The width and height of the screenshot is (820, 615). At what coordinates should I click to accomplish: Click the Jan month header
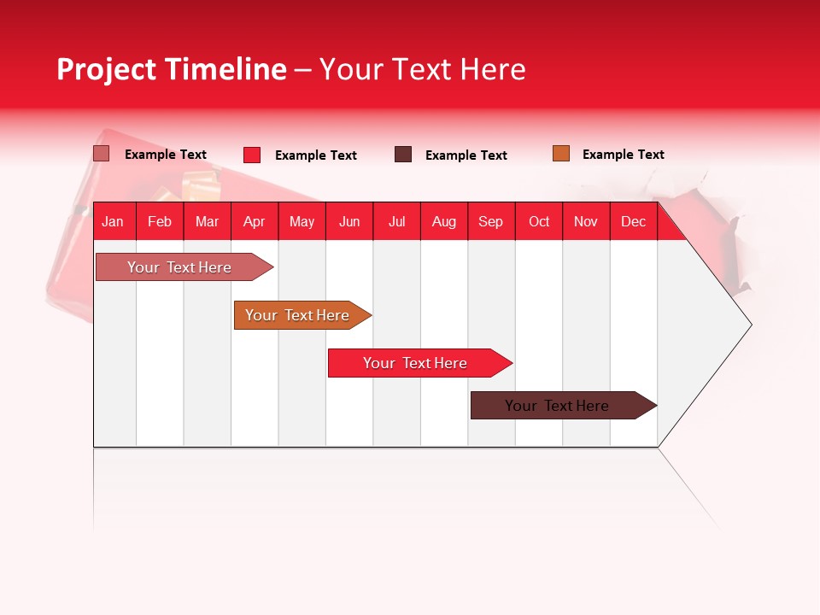tap(113, 221)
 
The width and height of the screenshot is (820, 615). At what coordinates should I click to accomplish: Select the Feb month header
tap(160, 221)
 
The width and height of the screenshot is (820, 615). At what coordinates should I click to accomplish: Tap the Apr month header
tap(255, 221)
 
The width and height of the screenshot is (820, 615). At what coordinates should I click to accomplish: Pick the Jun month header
tap(349, 221)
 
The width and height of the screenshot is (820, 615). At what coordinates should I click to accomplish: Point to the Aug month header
tap(444, 221)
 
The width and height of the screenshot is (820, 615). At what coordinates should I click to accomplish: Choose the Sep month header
tap(491, 221)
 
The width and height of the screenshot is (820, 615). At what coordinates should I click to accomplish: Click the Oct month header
tap(539, 221)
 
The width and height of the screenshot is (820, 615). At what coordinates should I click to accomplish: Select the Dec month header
tap(634, 221)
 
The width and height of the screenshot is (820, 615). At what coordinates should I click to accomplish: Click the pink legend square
tap(102, 154)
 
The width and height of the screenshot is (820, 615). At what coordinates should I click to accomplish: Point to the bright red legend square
tap(252, 155)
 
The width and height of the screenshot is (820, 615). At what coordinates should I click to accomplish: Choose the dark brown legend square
tap(403, 155)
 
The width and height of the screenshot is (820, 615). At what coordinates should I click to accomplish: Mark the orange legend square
tap(561, 154)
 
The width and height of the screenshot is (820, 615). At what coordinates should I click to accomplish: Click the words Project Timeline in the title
tap(172, 69)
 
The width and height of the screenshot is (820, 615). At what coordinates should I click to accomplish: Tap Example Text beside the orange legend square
tap(623, 155)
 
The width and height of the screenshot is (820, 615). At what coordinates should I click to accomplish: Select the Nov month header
tap(586, 221)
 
